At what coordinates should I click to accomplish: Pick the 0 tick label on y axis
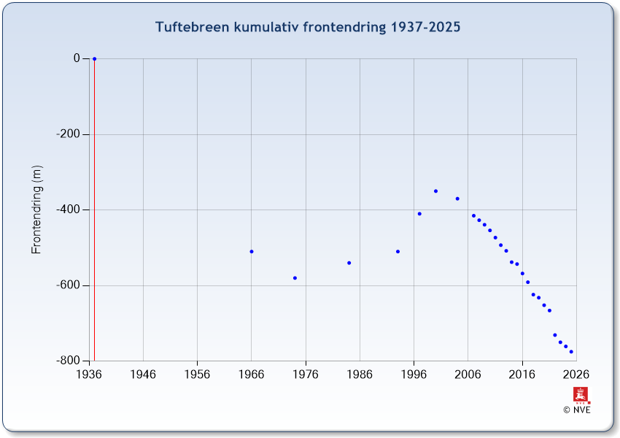(76, 58)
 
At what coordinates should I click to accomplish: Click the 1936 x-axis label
(89, 374)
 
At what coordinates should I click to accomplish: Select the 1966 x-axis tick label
(252, 374)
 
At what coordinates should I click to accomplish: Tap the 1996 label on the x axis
(414, 374)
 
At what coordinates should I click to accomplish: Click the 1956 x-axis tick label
(197, 374)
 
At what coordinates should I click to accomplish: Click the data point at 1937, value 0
(94, 58)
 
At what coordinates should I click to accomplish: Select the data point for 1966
(252, 251)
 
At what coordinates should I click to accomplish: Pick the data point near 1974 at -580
(295, 277)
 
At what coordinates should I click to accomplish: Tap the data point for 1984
(349, 263)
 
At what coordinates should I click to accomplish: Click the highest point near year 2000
(435, 191)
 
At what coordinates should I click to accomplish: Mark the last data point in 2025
(571, 352)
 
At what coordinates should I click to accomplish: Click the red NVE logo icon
(581, 396)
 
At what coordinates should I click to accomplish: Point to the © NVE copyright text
(576, 410)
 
